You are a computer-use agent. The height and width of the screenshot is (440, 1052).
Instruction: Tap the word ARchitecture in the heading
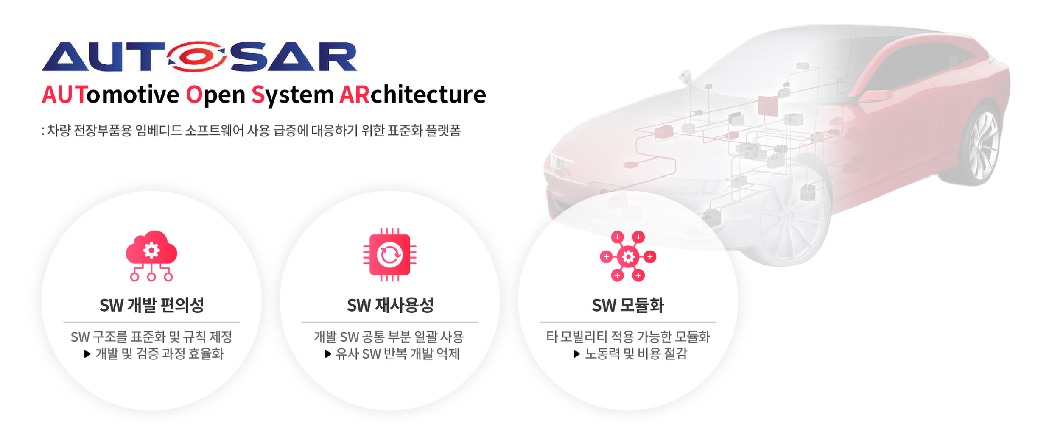pos(413,95)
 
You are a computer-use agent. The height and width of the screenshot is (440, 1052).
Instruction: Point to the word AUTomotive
pos(111,95)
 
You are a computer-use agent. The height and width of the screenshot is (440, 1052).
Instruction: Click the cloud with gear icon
pos(151,256)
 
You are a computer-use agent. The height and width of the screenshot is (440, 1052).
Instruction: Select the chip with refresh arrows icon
pos(390,255)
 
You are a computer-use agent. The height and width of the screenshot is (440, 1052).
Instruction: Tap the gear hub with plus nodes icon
pos(628,256)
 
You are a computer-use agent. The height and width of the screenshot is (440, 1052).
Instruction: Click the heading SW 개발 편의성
pos(151,305)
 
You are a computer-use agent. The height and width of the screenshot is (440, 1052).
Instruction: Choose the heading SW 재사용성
pos(390,305)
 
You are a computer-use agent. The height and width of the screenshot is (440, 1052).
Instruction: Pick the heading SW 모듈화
pos(628,305)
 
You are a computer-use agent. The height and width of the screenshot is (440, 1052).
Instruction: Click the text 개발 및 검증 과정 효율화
pos(159,354)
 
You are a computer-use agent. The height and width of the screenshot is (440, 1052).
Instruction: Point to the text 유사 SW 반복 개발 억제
pos(397,354)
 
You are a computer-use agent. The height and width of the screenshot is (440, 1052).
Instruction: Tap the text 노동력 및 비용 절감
pos(636,354)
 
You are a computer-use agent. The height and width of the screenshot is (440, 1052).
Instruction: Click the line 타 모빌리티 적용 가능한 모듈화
pos(628,337)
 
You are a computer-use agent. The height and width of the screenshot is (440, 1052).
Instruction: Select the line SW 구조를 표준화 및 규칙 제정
pos(151,337)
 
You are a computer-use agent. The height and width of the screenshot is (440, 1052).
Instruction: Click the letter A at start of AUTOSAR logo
pos(64,57)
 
